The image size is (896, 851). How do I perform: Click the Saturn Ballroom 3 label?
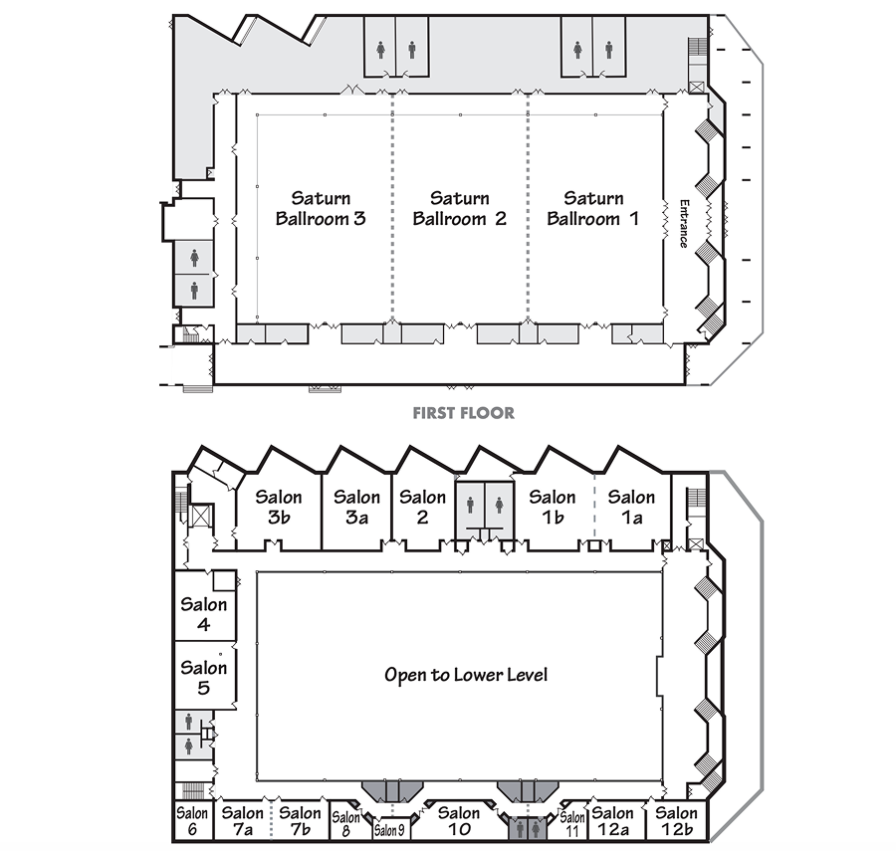321,208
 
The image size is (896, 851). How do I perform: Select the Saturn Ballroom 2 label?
459,208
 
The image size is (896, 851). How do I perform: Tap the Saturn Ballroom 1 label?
592,208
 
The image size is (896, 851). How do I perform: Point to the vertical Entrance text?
684,225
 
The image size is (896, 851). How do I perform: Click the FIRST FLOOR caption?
464,412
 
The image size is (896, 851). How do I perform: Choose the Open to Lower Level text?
466,675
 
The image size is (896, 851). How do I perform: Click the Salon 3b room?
279,506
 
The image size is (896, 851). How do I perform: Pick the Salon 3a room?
356,506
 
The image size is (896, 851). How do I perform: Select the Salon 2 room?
422,506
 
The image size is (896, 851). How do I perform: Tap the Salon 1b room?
552,506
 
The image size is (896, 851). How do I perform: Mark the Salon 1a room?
631,506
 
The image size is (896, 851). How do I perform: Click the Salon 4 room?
204,614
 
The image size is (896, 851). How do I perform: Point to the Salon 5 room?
204,677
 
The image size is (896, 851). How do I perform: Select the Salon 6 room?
192,821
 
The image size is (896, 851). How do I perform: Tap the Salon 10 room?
459,821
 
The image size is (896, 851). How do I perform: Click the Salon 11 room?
572,824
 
